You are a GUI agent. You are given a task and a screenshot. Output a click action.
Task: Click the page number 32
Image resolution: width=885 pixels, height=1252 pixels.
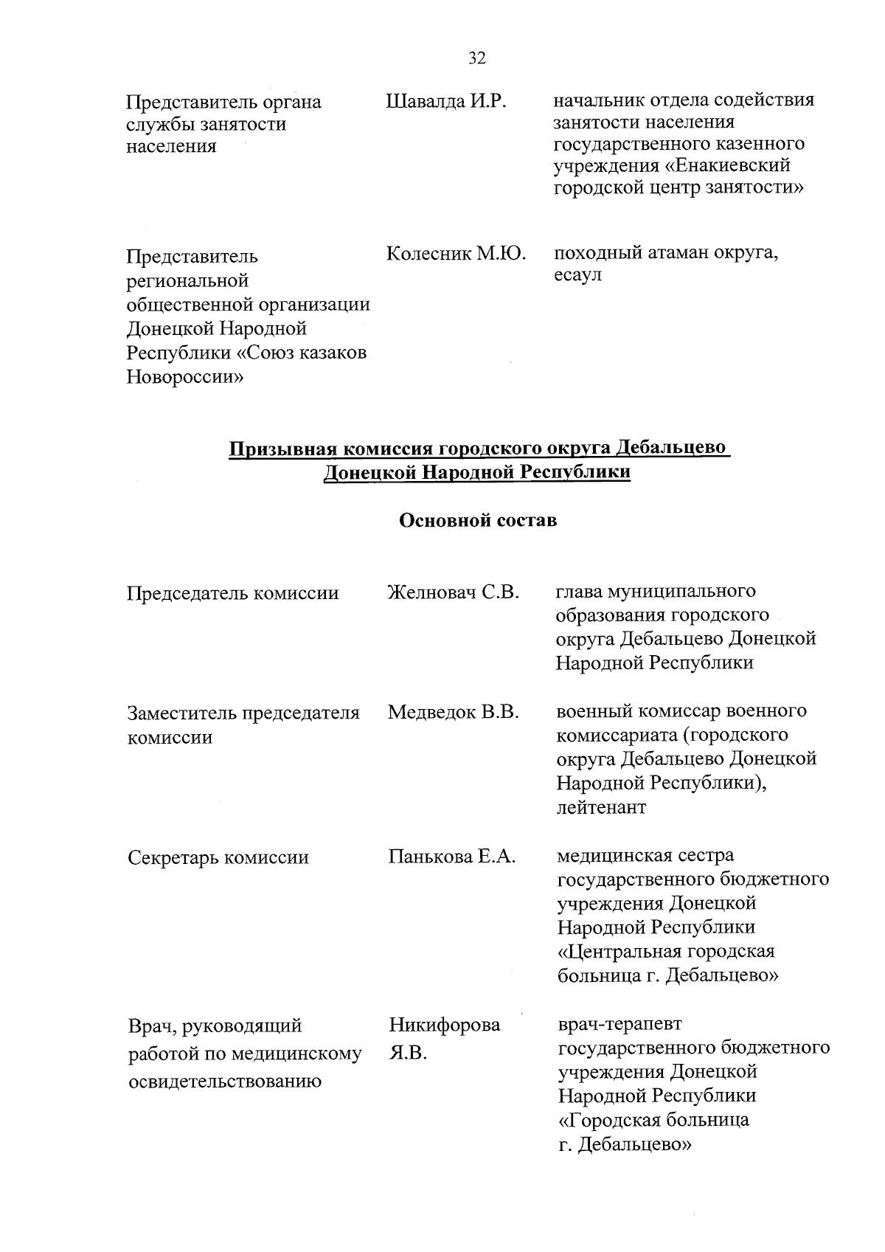click(477, 58)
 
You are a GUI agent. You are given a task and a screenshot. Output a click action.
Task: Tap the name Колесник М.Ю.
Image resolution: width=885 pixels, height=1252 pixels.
click(456, 255)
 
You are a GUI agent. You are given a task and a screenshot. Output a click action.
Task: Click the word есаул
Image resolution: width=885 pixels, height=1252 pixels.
click(578, 275)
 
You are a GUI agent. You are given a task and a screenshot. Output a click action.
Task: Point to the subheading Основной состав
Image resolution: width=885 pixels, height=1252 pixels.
click(477, 521)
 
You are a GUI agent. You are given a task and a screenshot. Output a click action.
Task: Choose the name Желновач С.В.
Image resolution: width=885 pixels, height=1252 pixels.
click(454, 592)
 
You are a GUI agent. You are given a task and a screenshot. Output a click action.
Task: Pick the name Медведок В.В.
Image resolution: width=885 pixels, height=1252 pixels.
click(454, 712)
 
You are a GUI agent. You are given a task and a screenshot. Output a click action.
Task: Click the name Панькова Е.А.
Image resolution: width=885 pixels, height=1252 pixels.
click(451, 857)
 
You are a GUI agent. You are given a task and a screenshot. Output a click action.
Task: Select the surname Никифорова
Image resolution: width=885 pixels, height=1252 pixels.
click(444, 1025)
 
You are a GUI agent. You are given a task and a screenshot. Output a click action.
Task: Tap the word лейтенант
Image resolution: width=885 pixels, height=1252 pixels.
click(601, 807)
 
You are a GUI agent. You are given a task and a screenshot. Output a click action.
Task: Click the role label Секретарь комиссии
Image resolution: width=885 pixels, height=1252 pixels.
click(218, 857)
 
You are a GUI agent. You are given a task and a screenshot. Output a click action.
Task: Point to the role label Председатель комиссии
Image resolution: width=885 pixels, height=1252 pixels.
click(233, 593)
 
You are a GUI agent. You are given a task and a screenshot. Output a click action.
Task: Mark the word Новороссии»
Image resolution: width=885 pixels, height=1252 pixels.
click(186, 378)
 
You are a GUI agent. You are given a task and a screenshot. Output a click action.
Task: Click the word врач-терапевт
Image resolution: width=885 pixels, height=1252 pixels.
click(619, 1024)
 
